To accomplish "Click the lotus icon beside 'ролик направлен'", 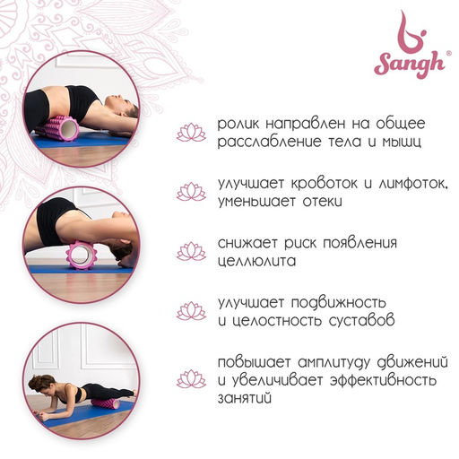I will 191,133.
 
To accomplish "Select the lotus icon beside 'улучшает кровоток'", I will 191,192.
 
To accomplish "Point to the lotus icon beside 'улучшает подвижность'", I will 191,310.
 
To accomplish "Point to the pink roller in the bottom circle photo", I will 106,403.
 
